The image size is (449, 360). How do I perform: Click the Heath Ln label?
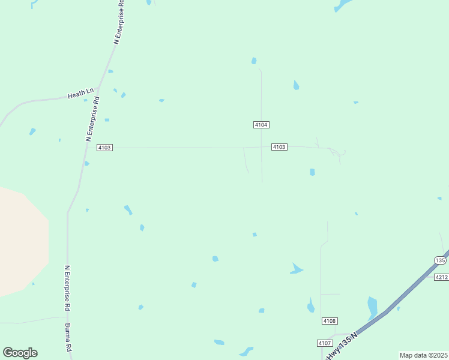[x=81, y=94]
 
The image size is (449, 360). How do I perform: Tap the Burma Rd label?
[x=68, y=338]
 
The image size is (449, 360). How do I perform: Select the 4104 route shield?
[x=261, y=125]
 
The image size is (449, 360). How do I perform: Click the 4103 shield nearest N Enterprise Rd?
[x=104, y=148]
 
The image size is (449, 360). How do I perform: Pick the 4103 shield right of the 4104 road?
[x=279, y=147]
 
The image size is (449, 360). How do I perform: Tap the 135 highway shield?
[x=440, y=260]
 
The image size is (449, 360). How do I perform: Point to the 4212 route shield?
[x=441, y=277]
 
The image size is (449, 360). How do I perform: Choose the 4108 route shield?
[x=329, y=321]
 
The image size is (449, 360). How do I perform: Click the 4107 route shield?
[x=324, y=343]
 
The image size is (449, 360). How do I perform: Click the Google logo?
[x=20, y=353]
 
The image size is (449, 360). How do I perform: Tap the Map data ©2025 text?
[x=423, y=355]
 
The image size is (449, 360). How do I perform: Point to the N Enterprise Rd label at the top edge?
[x=119, y=21]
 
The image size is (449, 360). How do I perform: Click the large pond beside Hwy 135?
[x=372, y=307]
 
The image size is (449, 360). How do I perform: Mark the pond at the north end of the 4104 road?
[x=254, y=61]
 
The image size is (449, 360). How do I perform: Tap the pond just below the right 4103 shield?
[x=312, y=172]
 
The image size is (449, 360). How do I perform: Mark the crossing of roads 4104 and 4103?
[x=261, y=147]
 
